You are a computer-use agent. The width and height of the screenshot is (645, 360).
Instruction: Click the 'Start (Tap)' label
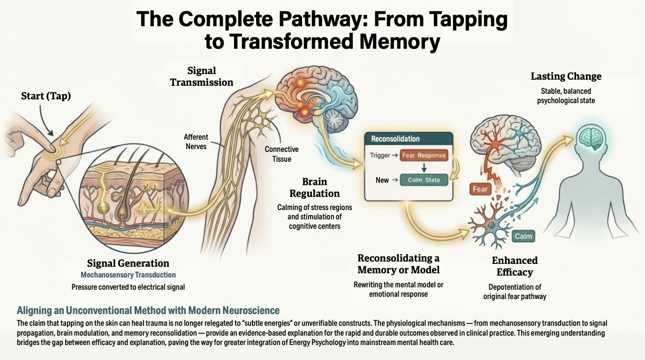(x=46, y=96)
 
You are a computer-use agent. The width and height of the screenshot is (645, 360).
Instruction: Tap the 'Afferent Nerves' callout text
(x=197, y=142)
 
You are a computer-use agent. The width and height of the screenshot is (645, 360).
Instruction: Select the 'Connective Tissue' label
(x=281, y=154)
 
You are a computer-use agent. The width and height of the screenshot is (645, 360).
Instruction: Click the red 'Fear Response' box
(x=423, y=156)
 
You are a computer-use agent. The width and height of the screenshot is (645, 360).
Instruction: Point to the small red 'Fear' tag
(x=480, y=189)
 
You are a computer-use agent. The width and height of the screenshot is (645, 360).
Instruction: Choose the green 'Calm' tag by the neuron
(x=523, y=236)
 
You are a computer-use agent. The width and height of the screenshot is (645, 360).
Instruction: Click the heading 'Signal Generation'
(x=128, y=263)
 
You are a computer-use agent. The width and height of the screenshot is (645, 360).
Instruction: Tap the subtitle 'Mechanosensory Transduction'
(x=128, y=275)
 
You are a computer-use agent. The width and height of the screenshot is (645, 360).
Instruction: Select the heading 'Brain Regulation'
(x=314, y=187)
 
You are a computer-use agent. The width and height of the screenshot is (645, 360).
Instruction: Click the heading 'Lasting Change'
(x=566, y=76)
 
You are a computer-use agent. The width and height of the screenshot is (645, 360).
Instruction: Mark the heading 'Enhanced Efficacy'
(x=515, y=266)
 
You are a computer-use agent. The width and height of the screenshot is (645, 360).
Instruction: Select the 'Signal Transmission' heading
(x=201, y=76)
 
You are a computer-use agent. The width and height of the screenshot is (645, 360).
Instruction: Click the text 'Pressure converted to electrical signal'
(x=128, y=286)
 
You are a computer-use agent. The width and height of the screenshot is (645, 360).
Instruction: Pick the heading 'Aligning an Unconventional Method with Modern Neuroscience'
(x=148, y=310)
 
